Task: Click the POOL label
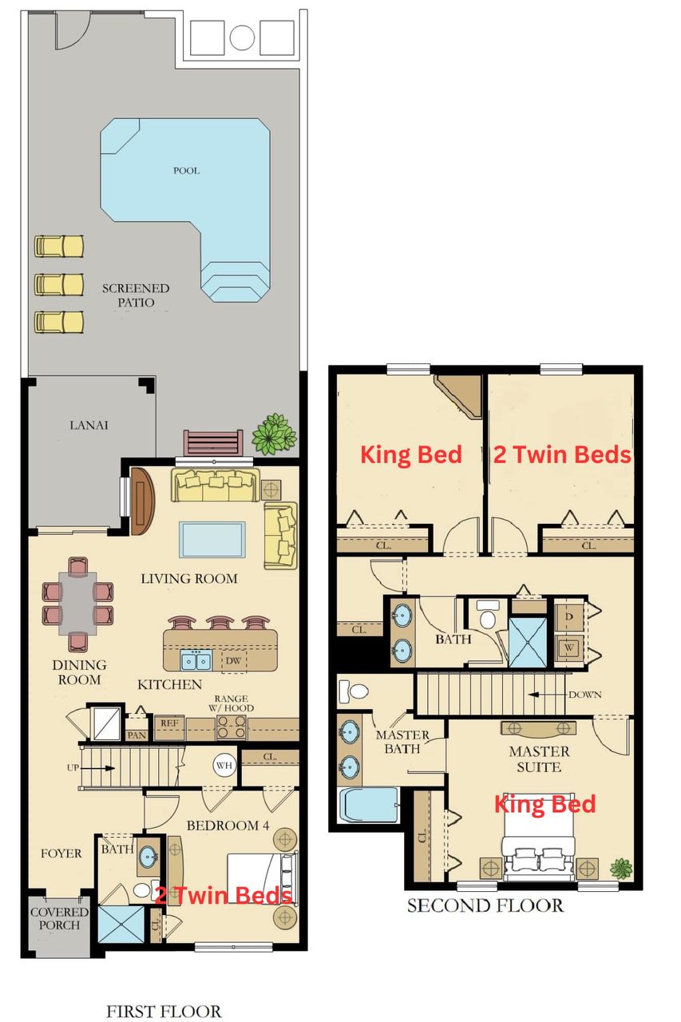[x=186, y=170]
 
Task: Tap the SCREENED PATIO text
[x=136, y=295]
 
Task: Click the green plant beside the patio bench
[x=274, y=434]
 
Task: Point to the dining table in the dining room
[x=77, y=604]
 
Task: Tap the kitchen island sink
[x=196, y=660]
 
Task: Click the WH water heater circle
[x=223, y=766]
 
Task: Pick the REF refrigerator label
[x=168, y=722]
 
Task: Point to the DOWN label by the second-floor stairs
[x=584, y=695]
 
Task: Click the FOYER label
[x=61, y=854]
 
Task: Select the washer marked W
[x=568, y=648]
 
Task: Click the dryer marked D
[x=568, y=617]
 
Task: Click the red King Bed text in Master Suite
[x=544, y=803]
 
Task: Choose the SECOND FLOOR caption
[x=485, y=905]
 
